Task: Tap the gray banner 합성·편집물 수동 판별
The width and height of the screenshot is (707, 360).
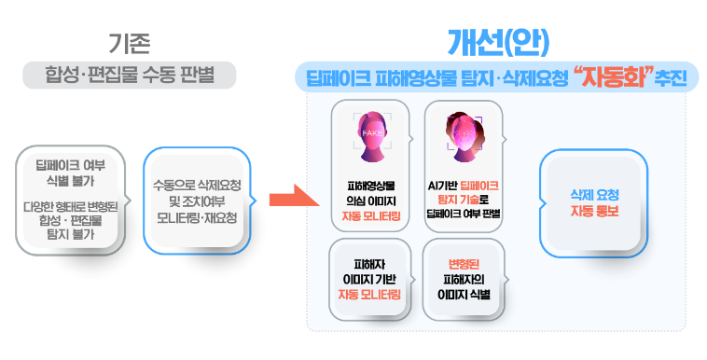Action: pyautogui.click(x=129, y=76)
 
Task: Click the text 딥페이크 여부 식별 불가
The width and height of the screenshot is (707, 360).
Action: pyautogui.click(x=70, y=171)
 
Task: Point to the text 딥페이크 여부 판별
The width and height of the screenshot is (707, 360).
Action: pyautogui.click(x=464, y=215)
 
